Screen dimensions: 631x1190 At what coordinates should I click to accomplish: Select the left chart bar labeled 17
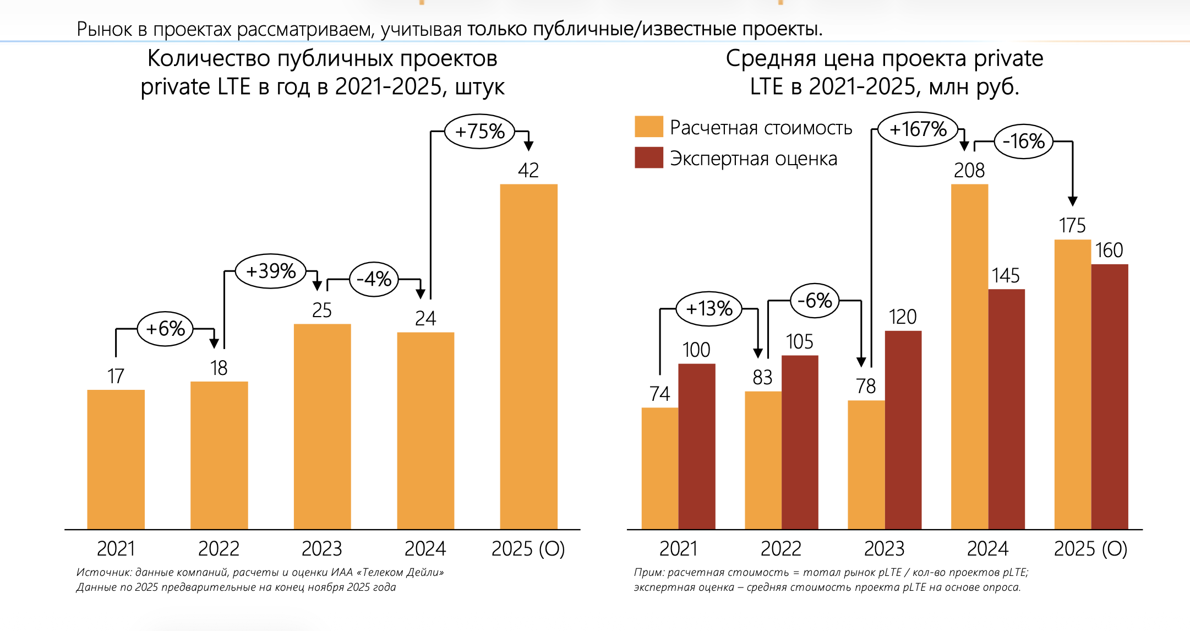click(x=116, y=459)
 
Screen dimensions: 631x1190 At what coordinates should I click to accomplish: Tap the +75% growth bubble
click(x=479, y=132)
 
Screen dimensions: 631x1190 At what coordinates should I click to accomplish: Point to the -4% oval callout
click(x=374, y=279)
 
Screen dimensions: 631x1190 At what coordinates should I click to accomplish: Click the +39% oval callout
click(x=271, y=271)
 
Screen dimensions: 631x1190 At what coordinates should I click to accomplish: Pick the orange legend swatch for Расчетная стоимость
click(x=648, y=127)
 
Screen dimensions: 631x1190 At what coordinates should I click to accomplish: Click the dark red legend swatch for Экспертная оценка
click(x=648, y=157)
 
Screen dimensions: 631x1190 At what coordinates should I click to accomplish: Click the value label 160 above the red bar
click(x=1109, y=251)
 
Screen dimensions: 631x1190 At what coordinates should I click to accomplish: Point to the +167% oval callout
click(x=918, y=129)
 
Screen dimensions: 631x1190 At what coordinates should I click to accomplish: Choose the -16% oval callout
click(x=1024, y=142)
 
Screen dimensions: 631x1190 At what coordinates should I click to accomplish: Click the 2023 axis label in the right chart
click(x=884, y=548)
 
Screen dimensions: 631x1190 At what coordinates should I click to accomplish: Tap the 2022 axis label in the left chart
click(x=219, y=548)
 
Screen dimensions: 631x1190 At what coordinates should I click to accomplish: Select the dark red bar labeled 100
click(x=696, y=446)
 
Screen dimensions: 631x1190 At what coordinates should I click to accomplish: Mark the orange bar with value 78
click(x=866, y=465)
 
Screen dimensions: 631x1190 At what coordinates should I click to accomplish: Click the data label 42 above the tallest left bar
click(x=528, y=170)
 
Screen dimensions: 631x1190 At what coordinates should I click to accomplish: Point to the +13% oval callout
click(x=709, y=308)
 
